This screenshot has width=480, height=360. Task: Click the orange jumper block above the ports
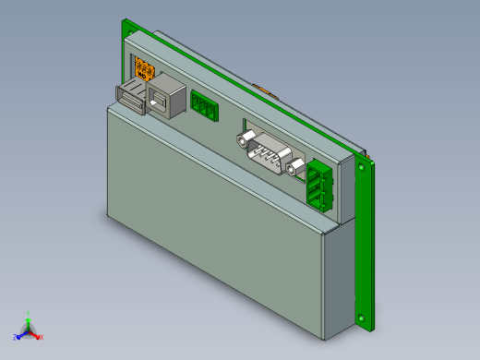click(144, 68)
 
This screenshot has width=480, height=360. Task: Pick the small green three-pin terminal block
click(204, 105)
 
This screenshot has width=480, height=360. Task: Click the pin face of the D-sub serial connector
click(269, 152)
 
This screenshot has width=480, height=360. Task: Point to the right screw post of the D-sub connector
click(295, 168)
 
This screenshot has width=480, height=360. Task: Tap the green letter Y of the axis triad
click(29, 313)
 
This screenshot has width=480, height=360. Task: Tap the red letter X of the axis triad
click(41, 337)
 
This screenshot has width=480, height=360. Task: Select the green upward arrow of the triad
click(29, 322)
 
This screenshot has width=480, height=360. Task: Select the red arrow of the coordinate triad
click(35, 334)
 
